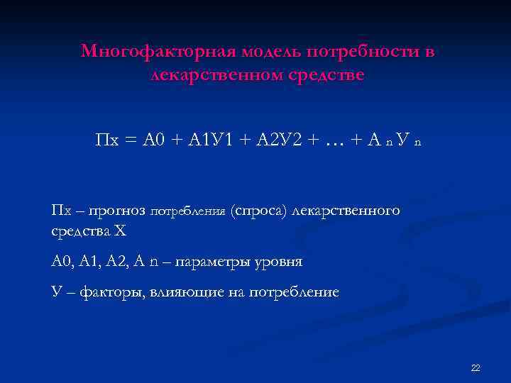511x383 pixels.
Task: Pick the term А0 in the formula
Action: (154, 140)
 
